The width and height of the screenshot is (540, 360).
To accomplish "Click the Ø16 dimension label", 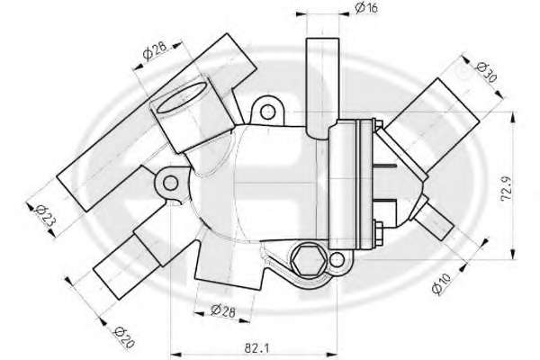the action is pyautogui.click(x=366, y=7).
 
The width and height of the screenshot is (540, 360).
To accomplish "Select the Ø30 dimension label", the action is pyautogui.click(x=486, y=73).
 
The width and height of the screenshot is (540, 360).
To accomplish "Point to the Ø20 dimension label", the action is pyautogui.click(x=124, y=337).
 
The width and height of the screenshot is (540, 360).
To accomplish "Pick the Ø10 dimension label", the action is pyautogui.click(x=441, y=283).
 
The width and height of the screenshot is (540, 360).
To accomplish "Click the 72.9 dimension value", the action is pyautogui.click(x=506, y=189).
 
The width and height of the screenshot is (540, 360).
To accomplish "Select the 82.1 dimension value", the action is pyautogui.click(x=256, y=348).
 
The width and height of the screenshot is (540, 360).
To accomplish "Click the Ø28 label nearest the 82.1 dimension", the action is pyautogui.click(x=223, y=310).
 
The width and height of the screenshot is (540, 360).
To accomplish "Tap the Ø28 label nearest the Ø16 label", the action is pyautogui.click(x=155, y=50).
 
